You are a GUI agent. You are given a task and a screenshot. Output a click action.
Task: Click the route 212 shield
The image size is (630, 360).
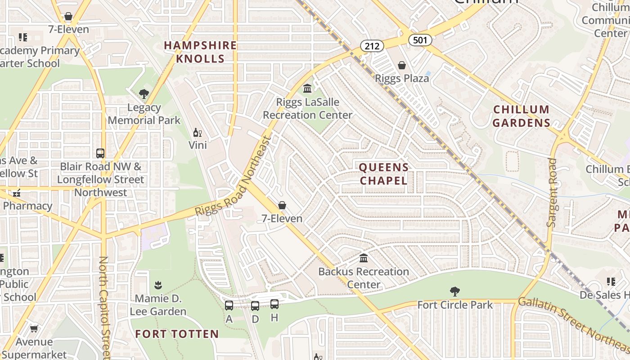372,45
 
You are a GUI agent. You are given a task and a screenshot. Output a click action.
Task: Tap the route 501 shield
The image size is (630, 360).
420,40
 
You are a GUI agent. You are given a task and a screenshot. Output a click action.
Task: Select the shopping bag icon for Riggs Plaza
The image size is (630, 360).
402,66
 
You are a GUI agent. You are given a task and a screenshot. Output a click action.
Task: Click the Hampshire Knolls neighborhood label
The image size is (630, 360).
200,52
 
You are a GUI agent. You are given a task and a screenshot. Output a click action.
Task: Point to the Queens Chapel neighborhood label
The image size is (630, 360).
383,174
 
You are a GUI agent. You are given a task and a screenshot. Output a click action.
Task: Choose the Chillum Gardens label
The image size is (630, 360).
521,116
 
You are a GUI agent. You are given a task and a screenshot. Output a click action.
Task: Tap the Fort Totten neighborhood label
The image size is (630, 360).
177,334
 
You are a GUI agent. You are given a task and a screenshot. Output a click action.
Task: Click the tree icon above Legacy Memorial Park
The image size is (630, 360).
144,94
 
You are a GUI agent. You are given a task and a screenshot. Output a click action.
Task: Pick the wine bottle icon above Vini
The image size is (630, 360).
197,132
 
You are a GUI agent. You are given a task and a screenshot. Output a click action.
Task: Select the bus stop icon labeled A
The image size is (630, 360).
229,306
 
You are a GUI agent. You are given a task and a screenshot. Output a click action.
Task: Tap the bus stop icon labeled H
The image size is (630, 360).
274,304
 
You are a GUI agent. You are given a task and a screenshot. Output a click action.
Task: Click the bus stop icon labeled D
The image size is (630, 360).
255,306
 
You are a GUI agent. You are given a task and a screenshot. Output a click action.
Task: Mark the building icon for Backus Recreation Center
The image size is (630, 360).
364,258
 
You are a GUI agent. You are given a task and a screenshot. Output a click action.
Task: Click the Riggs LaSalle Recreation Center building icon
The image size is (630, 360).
307,88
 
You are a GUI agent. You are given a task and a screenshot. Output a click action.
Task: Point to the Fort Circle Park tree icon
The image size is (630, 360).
455,292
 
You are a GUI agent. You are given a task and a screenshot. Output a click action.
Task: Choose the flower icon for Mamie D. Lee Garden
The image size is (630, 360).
158,285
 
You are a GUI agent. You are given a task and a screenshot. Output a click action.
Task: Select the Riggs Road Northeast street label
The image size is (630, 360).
234,177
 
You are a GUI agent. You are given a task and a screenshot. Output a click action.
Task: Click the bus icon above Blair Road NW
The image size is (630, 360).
100,153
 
